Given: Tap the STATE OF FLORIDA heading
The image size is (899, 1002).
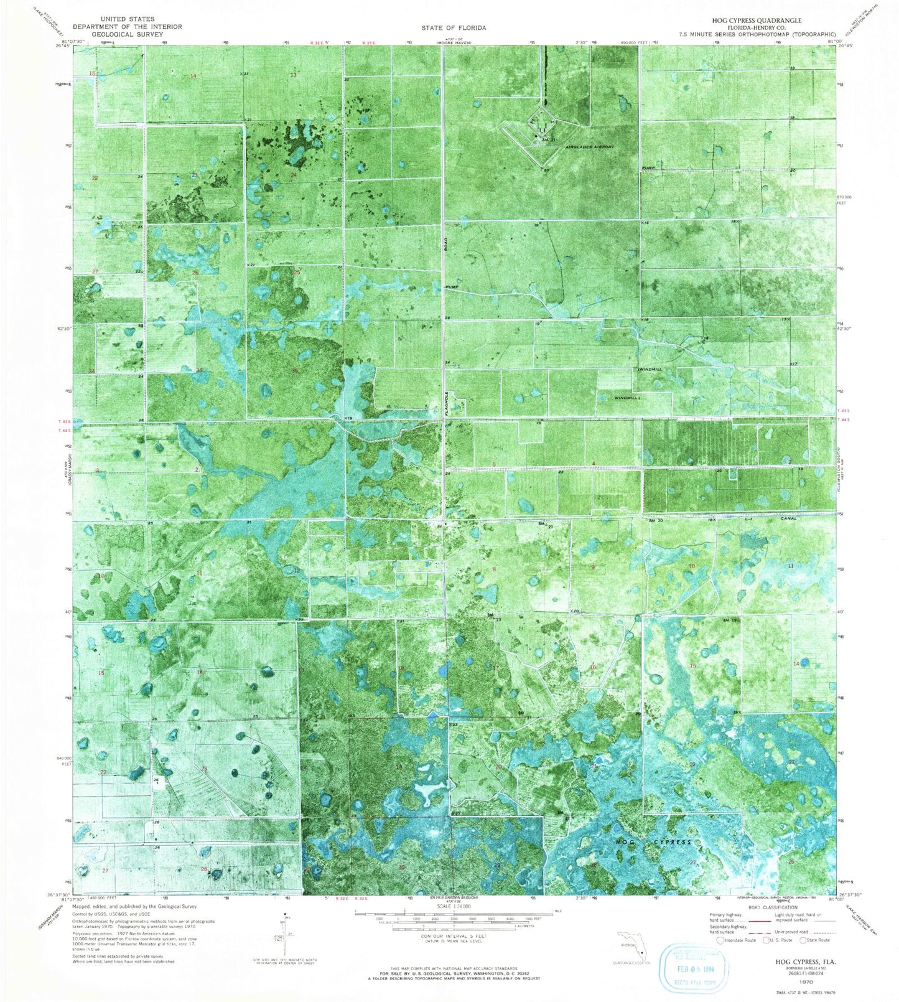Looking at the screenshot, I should [454, 28].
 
